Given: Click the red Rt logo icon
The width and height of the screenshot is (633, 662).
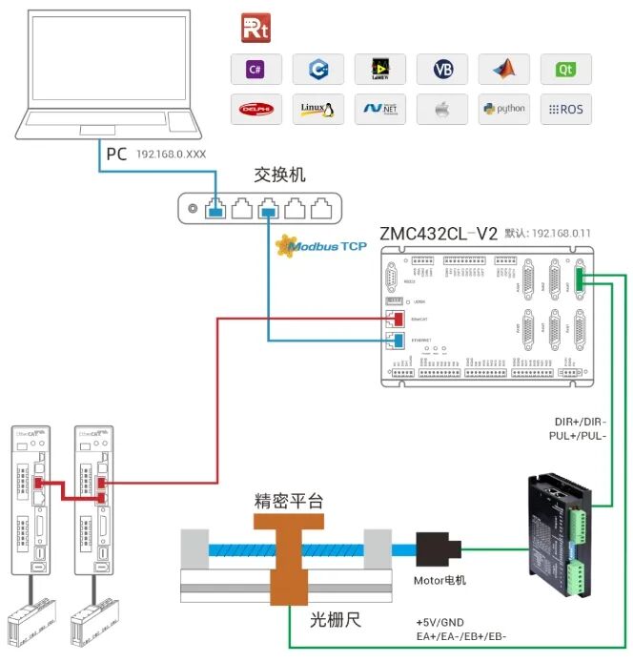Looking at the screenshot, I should click(x=255, y=28).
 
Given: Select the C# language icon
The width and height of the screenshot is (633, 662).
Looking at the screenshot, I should click(x=255, y=70).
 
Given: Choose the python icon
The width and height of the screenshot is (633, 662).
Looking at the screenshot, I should click(x=504, y=109).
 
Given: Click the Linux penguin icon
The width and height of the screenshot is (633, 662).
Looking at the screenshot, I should click(x=317, y=109).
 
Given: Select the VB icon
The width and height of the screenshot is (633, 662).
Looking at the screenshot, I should click(x=442, y=70).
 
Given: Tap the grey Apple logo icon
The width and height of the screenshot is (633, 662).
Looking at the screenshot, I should click(x=442, y=109).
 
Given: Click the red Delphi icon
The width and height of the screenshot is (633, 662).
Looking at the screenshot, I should click(x=255, y=109).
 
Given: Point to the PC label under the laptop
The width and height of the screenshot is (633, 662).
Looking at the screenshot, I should click(x=115, y=154).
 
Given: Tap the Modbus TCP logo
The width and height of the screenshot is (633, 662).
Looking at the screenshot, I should click(x=320, y=247).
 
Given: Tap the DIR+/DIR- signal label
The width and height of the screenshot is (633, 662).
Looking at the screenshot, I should click(x=580, y=422).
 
